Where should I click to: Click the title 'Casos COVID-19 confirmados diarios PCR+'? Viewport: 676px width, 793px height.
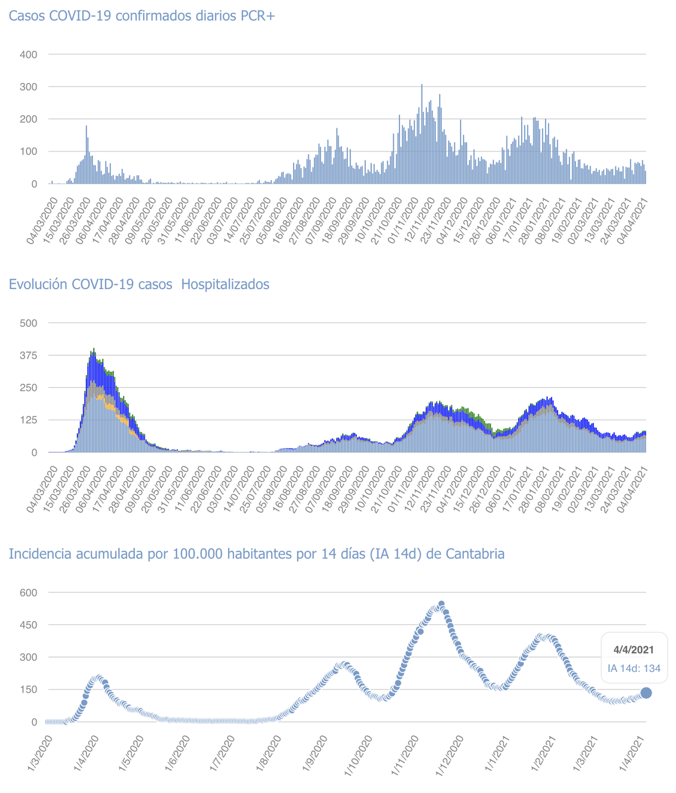[x=142, y=16]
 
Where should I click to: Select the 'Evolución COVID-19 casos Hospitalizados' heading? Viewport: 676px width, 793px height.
[x=139, y=284]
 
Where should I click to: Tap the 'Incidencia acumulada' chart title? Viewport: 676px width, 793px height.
[x=257, y=553]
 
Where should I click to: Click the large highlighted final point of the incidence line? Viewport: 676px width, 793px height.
[x=646, y=693]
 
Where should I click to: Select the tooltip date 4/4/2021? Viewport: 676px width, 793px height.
[x=634, y=650]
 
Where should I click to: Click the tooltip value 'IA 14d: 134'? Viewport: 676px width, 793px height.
[x=634, y=669]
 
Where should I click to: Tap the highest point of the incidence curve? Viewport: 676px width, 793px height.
[x=441, y=604]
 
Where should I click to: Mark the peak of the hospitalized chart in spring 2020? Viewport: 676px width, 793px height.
[x=94, y=349]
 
